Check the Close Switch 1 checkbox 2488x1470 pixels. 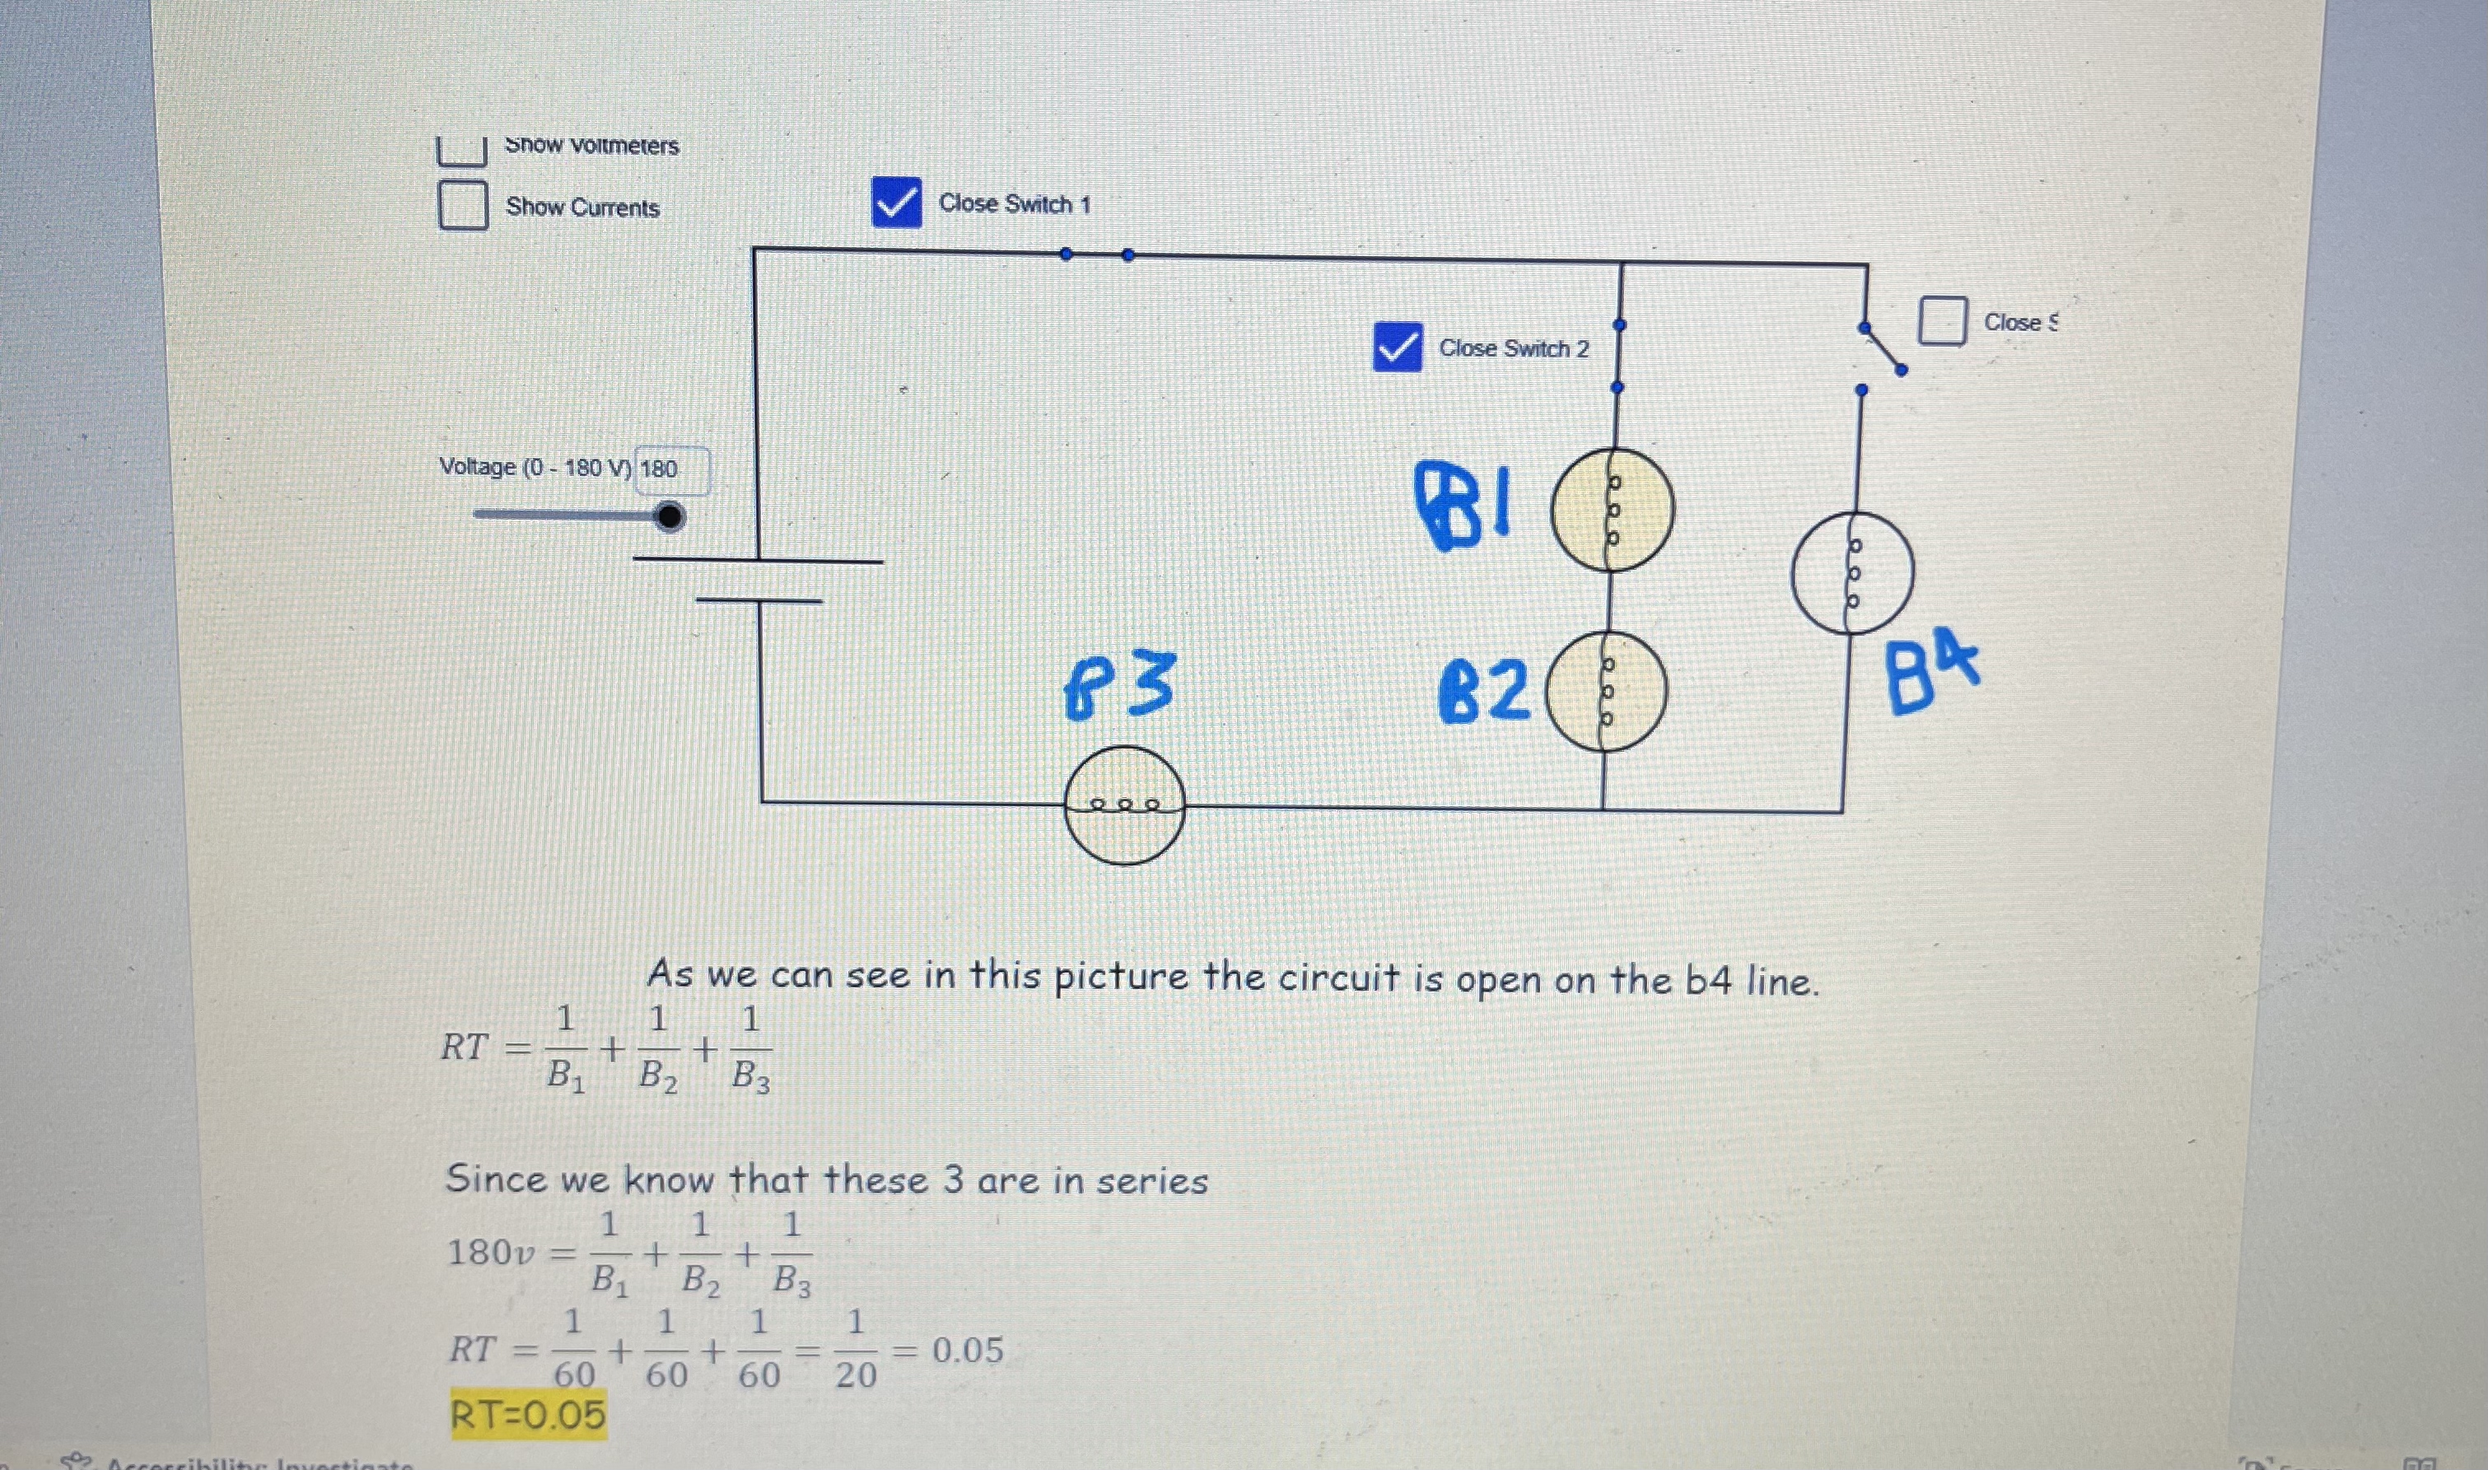tap(896, 203)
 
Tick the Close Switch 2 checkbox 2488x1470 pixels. tap(1398, 348)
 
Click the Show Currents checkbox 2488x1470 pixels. tap(463, 205)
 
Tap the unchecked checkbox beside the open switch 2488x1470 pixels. tap(1942, 321)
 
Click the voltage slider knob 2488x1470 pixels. tap(670, 516)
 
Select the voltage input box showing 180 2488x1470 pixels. tap(671, 469)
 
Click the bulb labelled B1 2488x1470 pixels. tap(1613, 509)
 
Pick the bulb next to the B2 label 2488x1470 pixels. tap(1607, 692)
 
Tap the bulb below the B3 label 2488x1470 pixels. tap(1124, 805)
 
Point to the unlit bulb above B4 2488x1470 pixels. tap(1852, 572)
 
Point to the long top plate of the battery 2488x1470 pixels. tap(758, 561)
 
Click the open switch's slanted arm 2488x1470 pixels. tap(1882, 348)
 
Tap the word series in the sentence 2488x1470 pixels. tap(1152, 1181)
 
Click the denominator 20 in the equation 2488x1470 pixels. tap(856, 1375)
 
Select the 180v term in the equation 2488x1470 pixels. tap(492, 1253)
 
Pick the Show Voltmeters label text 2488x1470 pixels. tap(591, 146)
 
